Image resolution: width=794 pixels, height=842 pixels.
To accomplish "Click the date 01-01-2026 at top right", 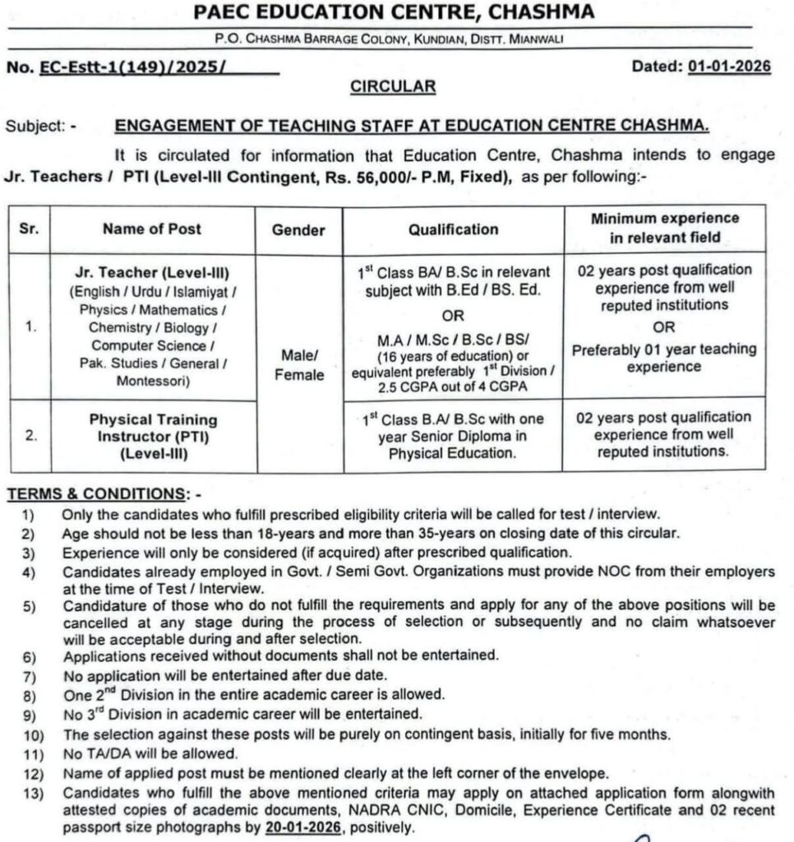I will point(728,67).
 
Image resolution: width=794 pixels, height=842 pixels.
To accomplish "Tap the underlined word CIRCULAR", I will point(393,86).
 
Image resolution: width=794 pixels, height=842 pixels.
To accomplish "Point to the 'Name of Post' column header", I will point(152,229).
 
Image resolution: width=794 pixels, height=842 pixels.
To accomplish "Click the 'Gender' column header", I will point(298,230).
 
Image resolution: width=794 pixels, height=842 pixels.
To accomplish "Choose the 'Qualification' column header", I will point(453,229).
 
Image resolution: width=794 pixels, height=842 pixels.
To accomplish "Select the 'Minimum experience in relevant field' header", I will point(663,228).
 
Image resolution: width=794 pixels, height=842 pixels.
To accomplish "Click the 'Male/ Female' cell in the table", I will point(298,364).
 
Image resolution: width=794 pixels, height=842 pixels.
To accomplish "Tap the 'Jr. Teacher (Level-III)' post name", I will point(152,272).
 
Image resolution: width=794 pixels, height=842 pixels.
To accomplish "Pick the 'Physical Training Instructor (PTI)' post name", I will point(152,428).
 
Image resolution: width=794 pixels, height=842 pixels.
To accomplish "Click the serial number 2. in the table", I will point(30,436).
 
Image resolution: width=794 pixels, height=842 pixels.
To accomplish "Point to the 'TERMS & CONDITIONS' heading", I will point(95,494).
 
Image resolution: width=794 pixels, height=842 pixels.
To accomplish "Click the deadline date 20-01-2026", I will point(302,829).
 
